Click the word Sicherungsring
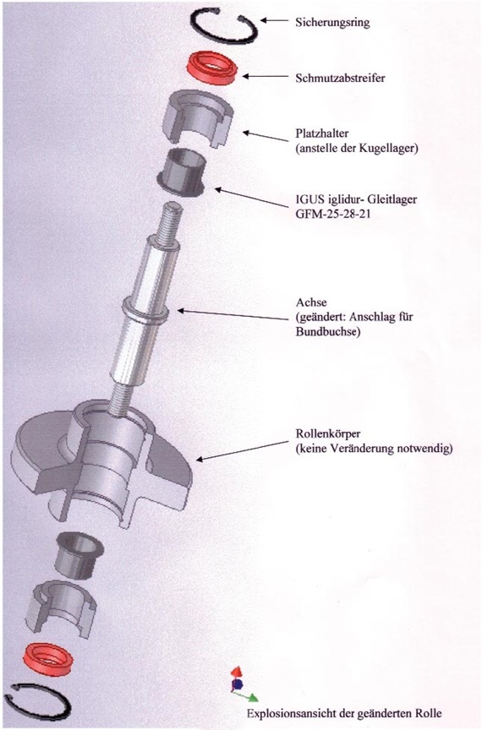[x=332, y=22]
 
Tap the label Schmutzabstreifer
[x=340, y=78]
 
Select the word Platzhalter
[x=322, y=133]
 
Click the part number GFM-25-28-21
[x=333, y=215]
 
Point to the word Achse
[x=311, y=302]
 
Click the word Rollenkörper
[x=328, y=434]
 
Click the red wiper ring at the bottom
[x=48, y=659]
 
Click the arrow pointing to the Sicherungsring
[x=274, y=20]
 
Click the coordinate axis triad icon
[x=243, y=684]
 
